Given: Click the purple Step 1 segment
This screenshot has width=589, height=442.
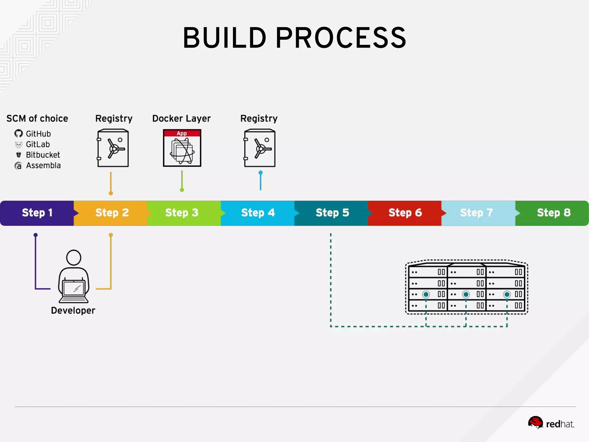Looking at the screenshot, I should pyautogui.click(x=37, y=213).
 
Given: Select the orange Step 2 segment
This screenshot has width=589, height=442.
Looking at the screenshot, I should pyautogui.click(x=112, y=213).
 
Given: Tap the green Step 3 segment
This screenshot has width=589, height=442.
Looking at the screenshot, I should pyautogui.click(x=182, y=213).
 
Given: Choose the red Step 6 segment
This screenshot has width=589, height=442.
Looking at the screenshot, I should pyautogui.click(x=405, y=213).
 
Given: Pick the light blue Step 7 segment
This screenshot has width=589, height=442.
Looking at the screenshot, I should pyautogui.click(x=477, y=213).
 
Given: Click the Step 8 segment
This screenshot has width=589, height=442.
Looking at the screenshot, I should pyautogui.click(x=553, y=213).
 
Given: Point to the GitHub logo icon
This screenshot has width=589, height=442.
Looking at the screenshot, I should pyautogui.click(x=19, y=134).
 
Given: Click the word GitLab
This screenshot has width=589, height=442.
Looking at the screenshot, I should pyautogui.click(x=38, y=144).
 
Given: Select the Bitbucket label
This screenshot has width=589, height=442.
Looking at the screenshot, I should pyautogui.click(x=43, y=155).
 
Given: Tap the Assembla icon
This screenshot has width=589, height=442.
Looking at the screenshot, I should pyautogui.click(x=18, y=166).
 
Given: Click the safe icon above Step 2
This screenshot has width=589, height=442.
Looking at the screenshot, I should pyautogui.click(x=113, y=148).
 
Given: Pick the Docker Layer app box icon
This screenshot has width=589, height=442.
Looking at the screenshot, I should pyautogui.click(x=182, y=148).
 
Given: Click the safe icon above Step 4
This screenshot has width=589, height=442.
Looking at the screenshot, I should pyautogui.click(x=260, y=148).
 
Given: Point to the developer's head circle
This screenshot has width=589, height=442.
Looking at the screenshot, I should pyautogui.click(x=74, y=257).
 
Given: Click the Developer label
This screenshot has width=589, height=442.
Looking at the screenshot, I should pyautogui.click(x=73, y=310).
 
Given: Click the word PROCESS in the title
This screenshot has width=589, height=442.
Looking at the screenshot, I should pyautogui.click(x=341, y=38).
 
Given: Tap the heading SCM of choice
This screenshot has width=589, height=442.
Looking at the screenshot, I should pyautogui.click(x=37, y=119).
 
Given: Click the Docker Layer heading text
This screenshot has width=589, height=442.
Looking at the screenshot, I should pyautogui.click(x=181, y=119).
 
